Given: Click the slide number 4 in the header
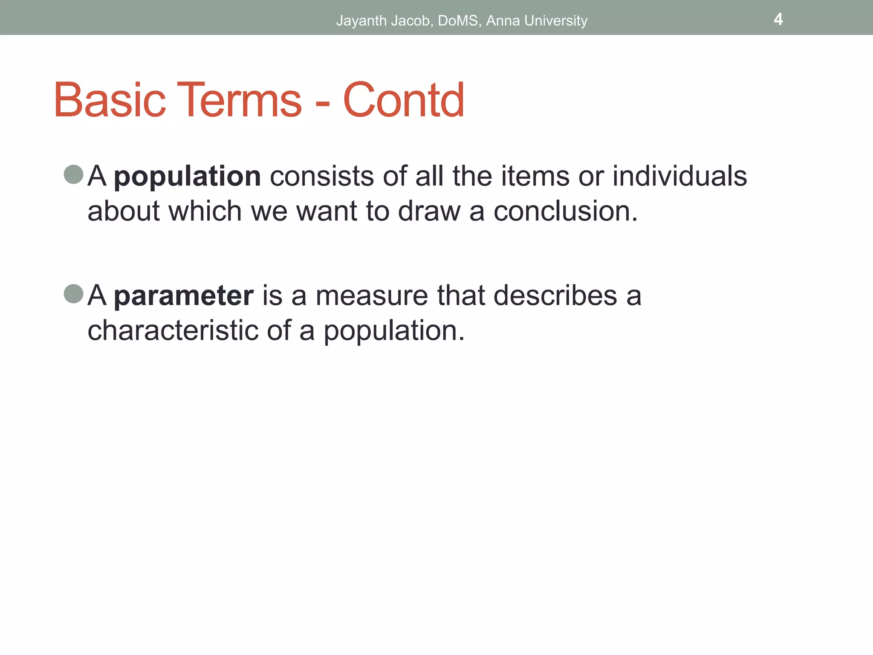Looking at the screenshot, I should (x=778, y=19).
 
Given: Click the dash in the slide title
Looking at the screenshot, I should (x=322, y=104).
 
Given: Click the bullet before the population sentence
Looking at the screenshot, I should (x=73, y=174).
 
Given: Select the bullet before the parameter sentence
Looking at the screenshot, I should (x=73, y=294).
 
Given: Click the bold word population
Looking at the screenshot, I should (x=187, y=177).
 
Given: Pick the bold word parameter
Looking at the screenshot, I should (x=184, y=296).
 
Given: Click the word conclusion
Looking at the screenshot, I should (x=565, y=211).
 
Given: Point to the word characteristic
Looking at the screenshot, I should (x=173, y=330).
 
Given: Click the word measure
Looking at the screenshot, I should (x=371, y=296).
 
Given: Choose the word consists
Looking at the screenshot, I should (x=322, y=176).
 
